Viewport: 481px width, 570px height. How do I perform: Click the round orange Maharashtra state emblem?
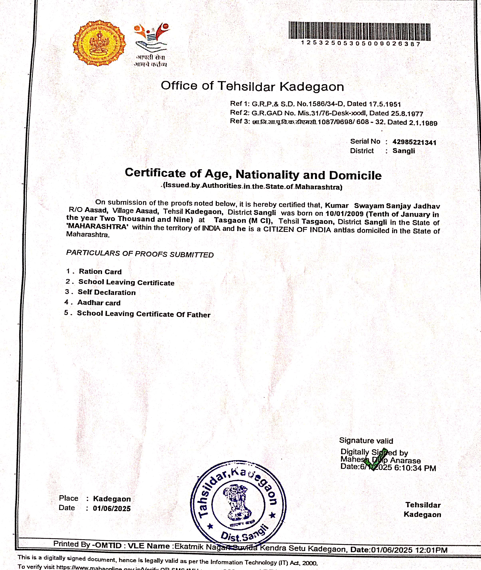pos(99,43)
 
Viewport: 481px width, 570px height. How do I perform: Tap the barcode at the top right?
pos(359,31)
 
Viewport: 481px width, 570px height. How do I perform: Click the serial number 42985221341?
pos(414,142)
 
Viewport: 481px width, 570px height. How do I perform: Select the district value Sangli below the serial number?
pos(403,151)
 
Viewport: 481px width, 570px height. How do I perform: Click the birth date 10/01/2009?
pos(344,214)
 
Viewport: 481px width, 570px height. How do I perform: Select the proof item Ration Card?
pos(100,271)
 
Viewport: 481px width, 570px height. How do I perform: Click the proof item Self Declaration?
pos(107,292)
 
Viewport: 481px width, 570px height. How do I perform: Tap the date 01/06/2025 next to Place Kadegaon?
pos(111,508)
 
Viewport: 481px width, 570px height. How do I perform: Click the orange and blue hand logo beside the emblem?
pos(151,37)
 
